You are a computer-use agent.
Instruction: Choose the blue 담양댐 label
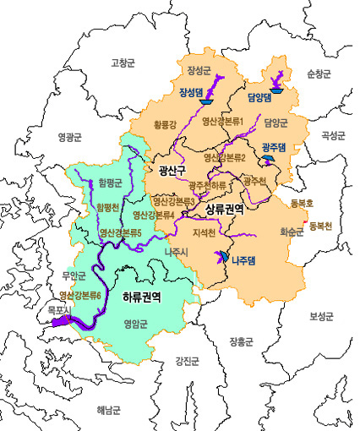258,97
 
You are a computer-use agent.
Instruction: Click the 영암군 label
136,324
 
